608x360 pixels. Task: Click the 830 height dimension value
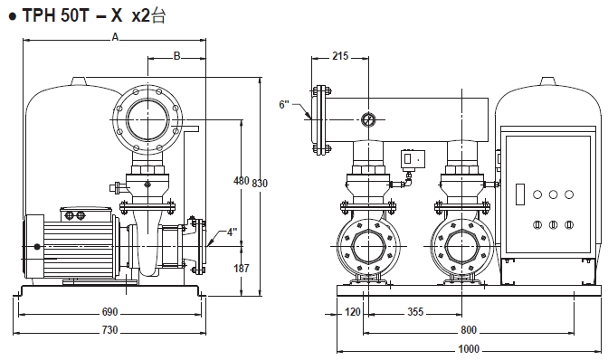(x=260, y=183)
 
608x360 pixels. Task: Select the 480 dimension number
(x=242, y=181)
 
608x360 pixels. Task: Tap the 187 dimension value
(x=242, y=268)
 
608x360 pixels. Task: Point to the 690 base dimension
(x=109, y=312)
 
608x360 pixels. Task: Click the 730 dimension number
(x=109, y=330)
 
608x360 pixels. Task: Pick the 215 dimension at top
(x=340, y=56)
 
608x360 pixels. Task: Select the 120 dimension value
(x=353, y=311)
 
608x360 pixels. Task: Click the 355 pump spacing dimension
(x=415, y=311)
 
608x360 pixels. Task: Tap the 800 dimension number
(x=469, y=330)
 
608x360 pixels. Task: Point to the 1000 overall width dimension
(x=469, y=349)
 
